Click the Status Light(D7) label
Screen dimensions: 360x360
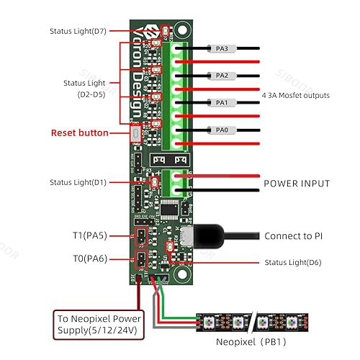[77, 32]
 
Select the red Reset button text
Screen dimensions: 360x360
[80, 133]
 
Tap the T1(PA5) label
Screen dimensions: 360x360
[91, 235]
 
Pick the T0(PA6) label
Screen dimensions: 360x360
[91, 258]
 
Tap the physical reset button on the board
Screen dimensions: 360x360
[136, 133]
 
